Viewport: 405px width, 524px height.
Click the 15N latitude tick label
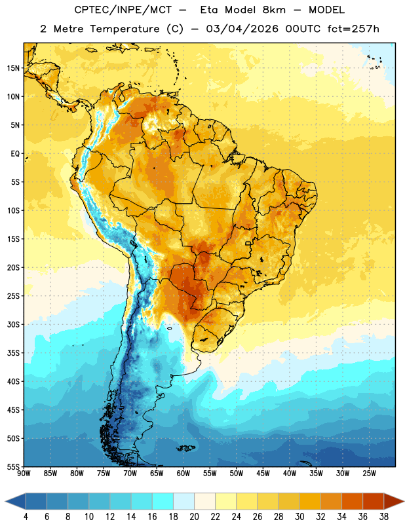tap(13, 68)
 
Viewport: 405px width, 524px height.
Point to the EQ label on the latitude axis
tap(15, 154)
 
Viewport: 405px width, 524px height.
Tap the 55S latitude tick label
tap(13, 466)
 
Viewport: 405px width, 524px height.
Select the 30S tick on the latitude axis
tap(13, 324)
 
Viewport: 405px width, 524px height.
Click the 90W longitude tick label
tap(24, 474)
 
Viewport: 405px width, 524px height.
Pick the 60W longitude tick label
tap(183, 474)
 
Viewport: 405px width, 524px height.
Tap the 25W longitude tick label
tap(369, 474)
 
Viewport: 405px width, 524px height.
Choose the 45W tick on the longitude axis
tap(263, 474)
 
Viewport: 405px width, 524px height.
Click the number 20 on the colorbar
tap(194, 517)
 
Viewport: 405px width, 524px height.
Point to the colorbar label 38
tap(384, 517)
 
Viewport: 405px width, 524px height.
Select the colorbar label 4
tap(26, 517)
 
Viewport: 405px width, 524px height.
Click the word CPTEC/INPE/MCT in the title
tap(123, 10)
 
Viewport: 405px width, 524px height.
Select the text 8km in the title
tap(274, 10)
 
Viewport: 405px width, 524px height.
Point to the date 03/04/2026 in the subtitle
tap(242, 29)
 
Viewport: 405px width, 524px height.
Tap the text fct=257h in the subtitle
tap(353, 29)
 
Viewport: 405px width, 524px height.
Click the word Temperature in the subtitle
tap(125, 29)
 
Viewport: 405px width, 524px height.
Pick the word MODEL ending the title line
tap(327, 10)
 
